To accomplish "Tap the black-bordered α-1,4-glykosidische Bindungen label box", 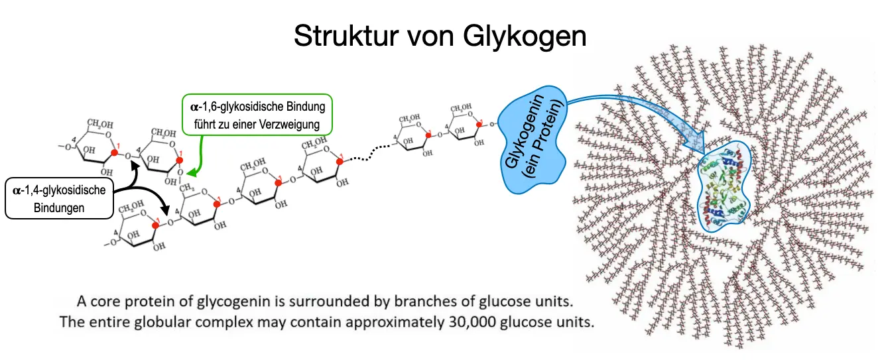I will tap(59, 198).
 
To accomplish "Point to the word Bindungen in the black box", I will tap(59, 208).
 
